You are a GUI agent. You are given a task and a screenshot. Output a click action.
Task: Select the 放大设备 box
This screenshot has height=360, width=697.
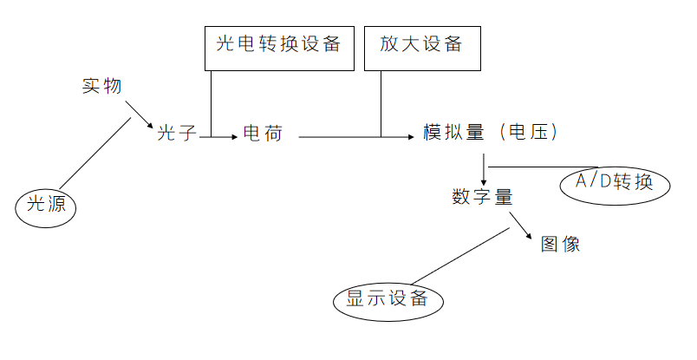[x=422, y=48]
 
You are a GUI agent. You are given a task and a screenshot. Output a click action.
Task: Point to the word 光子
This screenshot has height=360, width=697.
[x=178, y=134]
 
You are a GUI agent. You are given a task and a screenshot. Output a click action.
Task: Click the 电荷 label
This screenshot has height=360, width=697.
[x=262, y=134]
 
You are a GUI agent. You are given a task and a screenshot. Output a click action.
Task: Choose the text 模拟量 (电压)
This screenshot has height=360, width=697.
[x=489, y=134]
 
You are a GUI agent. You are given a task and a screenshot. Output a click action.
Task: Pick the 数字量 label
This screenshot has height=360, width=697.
[x=482, y=196]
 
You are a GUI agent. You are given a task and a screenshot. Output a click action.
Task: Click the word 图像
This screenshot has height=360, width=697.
[x=560, y=244]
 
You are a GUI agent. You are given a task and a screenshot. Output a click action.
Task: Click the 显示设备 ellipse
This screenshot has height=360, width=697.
[x=387, y=300]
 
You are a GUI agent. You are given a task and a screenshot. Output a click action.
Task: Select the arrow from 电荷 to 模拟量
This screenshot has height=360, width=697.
[x=355, y=137]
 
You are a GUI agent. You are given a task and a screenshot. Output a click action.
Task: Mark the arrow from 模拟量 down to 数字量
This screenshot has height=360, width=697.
[x=483, y=167]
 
